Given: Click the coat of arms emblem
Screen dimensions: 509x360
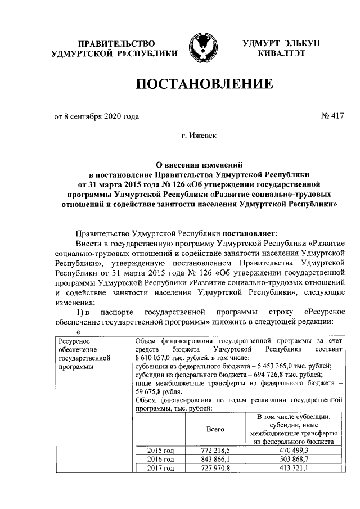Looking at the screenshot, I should [202, 48].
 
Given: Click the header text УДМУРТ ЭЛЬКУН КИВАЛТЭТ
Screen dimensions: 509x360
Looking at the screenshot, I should [281, 48].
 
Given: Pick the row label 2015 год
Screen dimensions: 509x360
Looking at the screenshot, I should [161, 451].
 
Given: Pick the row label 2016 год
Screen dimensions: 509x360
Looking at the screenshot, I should [161, 459].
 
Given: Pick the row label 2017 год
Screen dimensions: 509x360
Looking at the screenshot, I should [161, 468].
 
